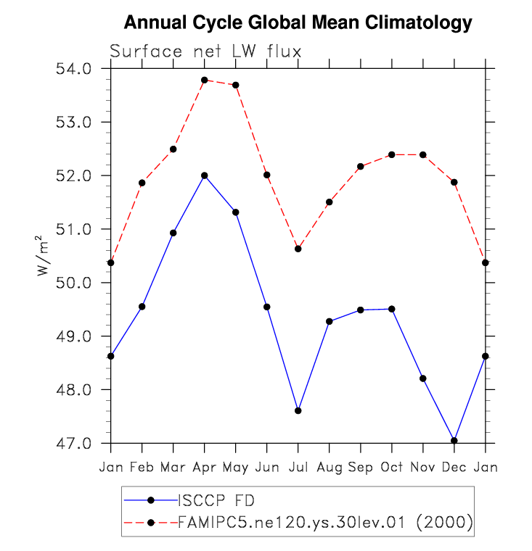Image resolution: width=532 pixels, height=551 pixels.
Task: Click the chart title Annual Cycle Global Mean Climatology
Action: pyautogui.click(x=298, y=23)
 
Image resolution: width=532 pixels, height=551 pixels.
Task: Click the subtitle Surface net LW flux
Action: pyautogui.click(x=205, y=51)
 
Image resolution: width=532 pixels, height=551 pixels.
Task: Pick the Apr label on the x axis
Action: pyautogui.click(x=204, y=468)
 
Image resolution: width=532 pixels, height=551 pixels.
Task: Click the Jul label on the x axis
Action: pyautogui.click(x=298, y=468)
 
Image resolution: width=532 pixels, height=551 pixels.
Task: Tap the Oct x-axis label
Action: pyautogui.click(x=391, y=468)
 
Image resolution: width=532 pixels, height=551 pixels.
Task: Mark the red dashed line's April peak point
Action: pyautogui.click(x=205, y=80)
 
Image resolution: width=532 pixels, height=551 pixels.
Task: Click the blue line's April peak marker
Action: pyautogui.click(x=205, y=175)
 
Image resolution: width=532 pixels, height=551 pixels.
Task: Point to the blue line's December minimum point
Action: pyautogui.click(x=454, y=441)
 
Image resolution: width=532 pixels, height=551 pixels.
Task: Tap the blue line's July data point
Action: pyautogui.click(x=298, y=411)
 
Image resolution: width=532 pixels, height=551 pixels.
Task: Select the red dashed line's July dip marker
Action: pyautogui.click(x=298, y=249)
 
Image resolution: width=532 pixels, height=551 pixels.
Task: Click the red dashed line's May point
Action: pyautogui.click(x=236, y=85)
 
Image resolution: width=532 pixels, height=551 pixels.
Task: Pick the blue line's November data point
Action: pyautogui.click(x=422, y=378)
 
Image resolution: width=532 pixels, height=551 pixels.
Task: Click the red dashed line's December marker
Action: pyautogui.click(x=454, y=182)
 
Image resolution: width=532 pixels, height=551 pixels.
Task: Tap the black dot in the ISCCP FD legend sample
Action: pyautogui.click(x=150, y=500)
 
